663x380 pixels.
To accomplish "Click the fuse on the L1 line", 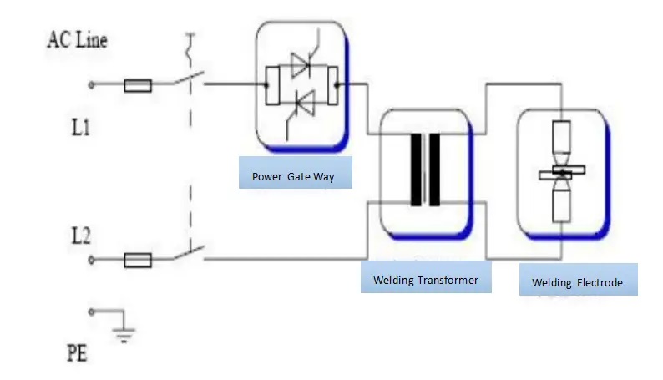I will (138, 84).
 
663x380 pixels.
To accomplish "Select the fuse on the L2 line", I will (138, 261).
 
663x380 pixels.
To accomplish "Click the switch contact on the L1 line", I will (188, 80).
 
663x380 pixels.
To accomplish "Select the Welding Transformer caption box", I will (426, 280).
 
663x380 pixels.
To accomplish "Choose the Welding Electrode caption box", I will (577, 282).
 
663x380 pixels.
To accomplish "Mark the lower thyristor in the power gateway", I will (301, 104).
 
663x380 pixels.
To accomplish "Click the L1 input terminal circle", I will (92, 84).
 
